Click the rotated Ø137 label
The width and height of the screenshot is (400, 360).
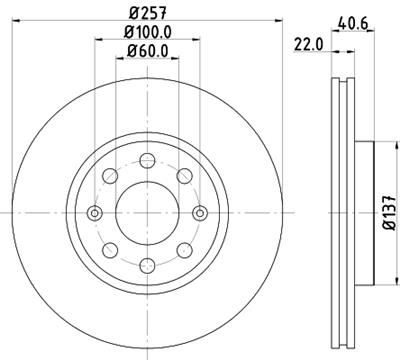pos(388,211)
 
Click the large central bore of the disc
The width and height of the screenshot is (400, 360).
pos(146,211)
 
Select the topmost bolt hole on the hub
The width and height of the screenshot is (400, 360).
pos(146,158)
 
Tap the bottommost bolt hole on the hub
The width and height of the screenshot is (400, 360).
pos(146,264)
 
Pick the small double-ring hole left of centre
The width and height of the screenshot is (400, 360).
pos(94,211)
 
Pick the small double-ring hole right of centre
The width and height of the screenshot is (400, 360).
pos(199,211)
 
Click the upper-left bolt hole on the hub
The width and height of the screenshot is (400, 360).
pos(109,174)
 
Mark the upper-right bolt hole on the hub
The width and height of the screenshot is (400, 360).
pos(183,174)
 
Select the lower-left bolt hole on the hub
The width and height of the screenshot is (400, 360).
pos(109,248)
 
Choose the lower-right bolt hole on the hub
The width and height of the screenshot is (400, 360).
pos(183,248)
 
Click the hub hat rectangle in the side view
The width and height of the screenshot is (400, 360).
pos(361,211)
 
